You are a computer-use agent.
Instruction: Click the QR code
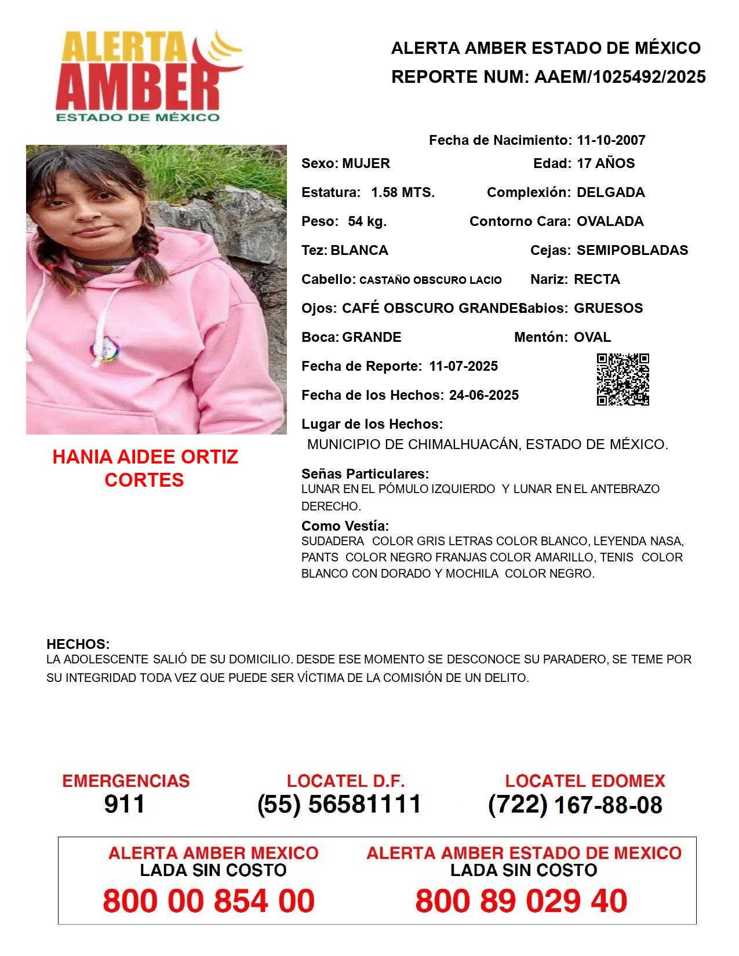click(623, 380)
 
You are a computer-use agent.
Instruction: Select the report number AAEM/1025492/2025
click(620, 77)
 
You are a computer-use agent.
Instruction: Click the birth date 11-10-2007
click(611, 140)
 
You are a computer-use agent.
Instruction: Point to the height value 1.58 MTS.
click(403, 192)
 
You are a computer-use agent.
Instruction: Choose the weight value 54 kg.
click(367, 221)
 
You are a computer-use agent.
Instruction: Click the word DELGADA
click(610, 192)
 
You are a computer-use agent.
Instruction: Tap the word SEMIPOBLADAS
click(632, 250)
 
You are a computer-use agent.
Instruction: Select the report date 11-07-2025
click(463, 366)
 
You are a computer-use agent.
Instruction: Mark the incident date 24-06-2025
click(483, 395)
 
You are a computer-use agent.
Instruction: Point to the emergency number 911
click(125, 804)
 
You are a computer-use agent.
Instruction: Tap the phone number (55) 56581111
click(339, 804)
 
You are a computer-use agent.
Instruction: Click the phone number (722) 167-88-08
click(575, 805)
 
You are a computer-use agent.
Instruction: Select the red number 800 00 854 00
click(209, 902)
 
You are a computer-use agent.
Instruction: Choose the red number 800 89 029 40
click(521, 902)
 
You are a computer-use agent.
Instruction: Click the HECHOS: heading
click(78, 644)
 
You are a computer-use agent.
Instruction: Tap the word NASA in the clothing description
click(667, 542)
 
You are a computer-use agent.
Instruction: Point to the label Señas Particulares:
click(365, 474)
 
